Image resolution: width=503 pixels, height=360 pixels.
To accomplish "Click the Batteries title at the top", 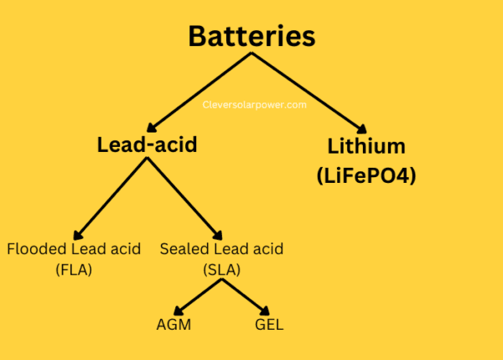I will [251, 36].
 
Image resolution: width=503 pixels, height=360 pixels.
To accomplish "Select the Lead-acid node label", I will [147, 144].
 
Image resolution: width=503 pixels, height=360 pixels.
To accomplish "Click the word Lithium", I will [366, 146].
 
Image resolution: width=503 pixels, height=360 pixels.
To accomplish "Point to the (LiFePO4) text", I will [366, 177].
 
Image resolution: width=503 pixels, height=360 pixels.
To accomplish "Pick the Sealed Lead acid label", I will [221, 248].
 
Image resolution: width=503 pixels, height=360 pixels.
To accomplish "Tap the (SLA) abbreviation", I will [221, 270].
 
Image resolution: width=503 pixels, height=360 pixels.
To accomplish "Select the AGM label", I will [174, 324].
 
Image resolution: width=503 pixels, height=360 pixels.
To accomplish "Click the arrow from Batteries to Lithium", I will [310, 92].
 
